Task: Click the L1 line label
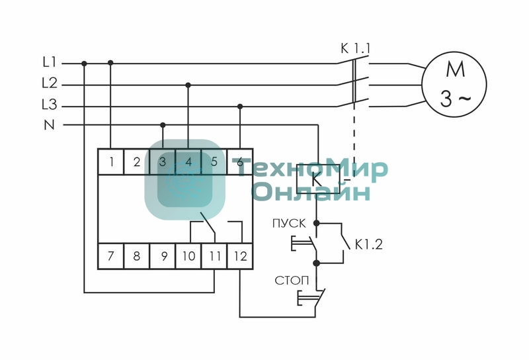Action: pyautogui.click(x=50, y=63)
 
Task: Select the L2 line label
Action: pyautogui.click(x=50, y=84)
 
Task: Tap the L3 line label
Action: pyautogui.click(x=50, y=105)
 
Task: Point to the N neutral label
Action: pyautogui.click(x=50, y=124)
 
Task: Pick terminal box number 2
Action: pyautogui.click(x=136, y=161)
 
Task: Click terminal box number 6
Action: pyautogui.click(x=240, y=161)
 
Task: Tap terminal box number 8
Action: pyautogui.click(x=136, y=255)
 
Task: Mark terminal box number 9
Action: pyautogui.click(x=162, y=255)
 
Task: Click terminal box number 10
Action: pyautogui.click(x=188, y=255)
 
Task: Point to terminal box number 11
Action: pyautogui.click(x=214, y=255)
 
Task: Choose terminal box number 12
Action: pyautogui.click(x=240, y=255)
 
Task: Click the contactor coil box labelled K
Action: pyautogui.click(x=318, y=177)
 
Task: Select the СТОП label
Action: pyautogui.click(x=292, y=281)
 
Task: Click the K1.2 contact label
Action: pyautogui.click(x=368, y=244)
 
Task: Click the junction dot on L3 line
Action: pyautogui.click(x=240, y=106)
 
